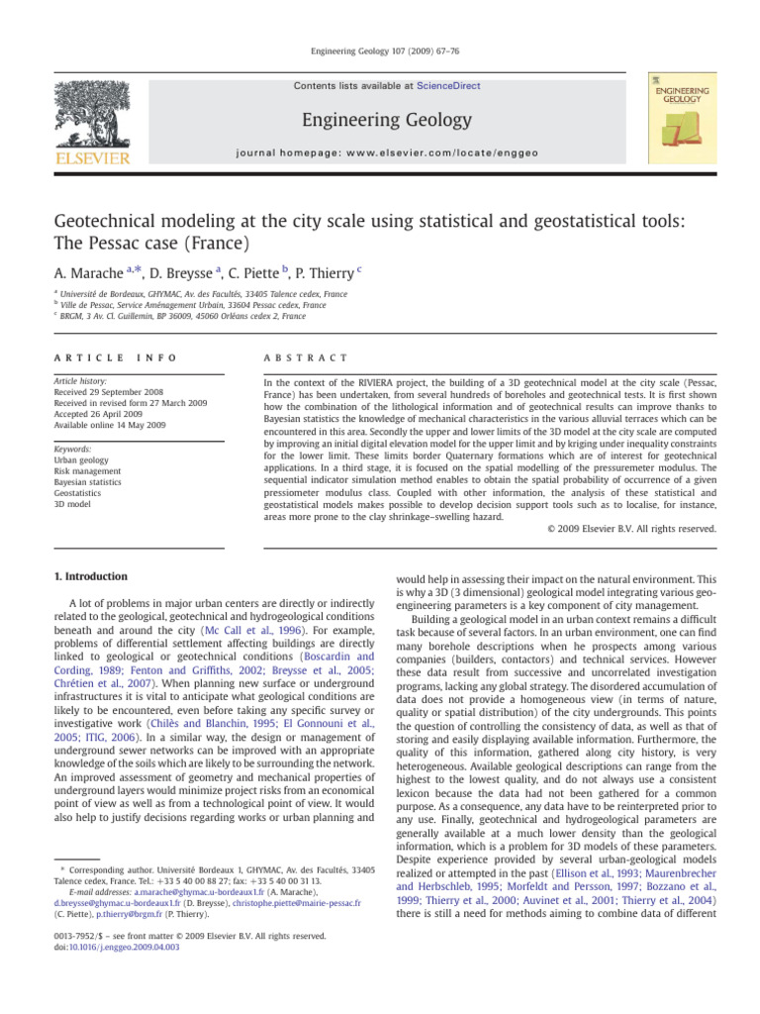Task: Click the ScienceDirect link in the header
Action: (x=449, y=86)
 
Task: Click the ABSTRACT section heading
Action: (x=300, y=356)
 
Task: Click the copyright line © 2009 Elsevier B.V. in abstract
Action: (x=631, y=530)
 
